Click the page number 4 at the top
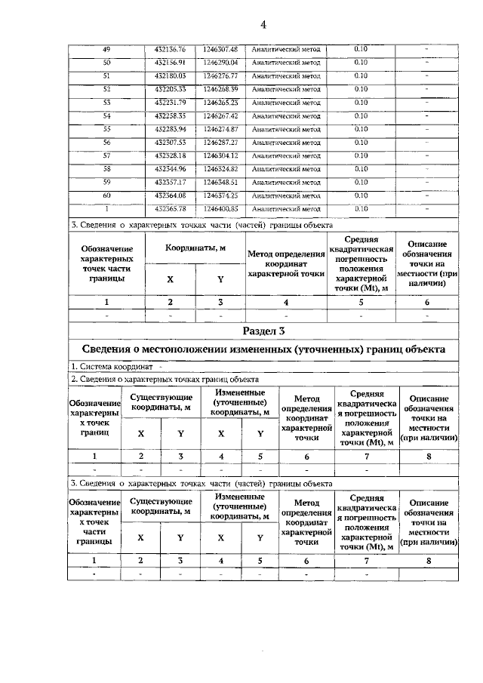264,24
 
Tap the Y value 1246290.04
219,62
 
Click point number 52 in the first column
106,89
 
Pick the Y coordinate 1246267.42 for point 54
219,115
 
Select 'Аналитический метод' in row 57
286,155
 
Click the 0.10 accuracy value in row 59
361,182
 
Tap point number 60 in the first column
106,195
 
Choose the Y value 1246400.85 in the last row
219,209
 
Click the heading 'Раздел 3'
264,331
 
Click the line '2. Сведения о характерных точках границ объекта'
165,379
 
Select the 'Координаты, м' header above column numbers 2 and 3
195,248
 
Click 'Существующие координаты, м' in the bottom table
161,506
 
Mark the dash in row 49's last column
427,49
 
